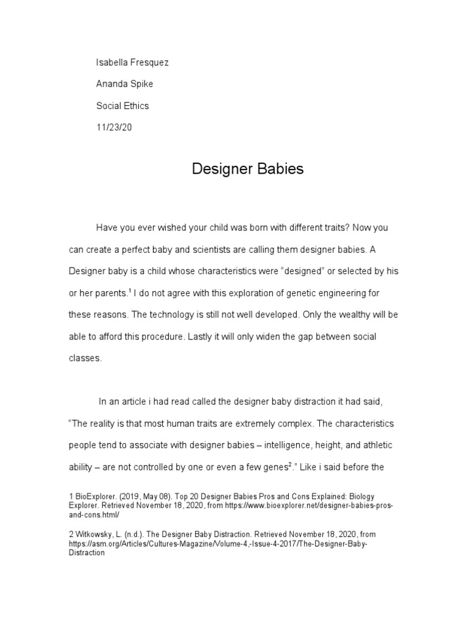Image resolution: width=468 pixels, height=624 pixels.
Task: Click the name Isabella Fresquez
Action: click(132, 63)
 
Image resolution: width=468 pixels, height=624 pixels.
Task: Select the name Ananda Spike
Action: click(124, 84)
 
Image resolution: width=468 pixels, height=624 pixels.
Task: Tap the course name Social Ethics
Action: click(122, 105)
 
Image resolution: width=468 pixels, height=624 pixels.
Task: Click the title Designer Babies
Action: click(247, 169)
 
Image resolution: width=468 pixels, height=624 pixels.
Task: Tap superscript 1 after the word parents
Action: click(130, 291)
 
